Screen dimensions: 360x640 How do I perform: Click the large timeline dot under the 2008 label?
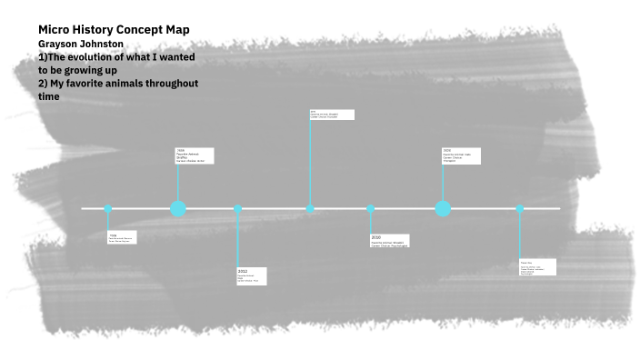click(178, 209)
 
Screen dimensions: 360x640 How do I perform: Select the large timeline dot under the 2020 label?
click(443, 209)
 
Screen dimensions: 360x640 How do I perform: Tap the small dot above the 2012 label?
click(238, 209)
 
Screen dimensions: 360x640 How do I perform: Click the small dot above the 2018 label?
click(371, 209)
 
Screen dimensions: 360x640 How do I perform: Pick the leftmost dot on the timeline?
click(108, 209)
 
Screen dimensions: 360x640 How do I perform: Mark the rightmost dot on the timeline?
click(520, 209)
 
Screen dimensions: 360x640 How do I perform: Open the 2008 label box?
click(195, 155)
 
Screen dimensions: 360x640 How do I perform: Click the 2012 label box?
click(252, 275)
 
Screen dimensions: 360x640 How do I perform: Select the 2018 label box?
click(389, 241)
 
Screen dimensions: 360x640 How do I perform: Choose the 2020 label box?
click(461, 156)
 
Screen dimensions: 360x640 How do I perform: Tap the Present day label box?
click(536, 268)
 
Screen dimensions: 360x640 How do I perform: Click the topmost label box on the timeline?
click(332, 115)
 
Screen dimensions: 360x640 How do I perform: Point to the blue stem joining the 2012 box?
click(238, 241)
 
